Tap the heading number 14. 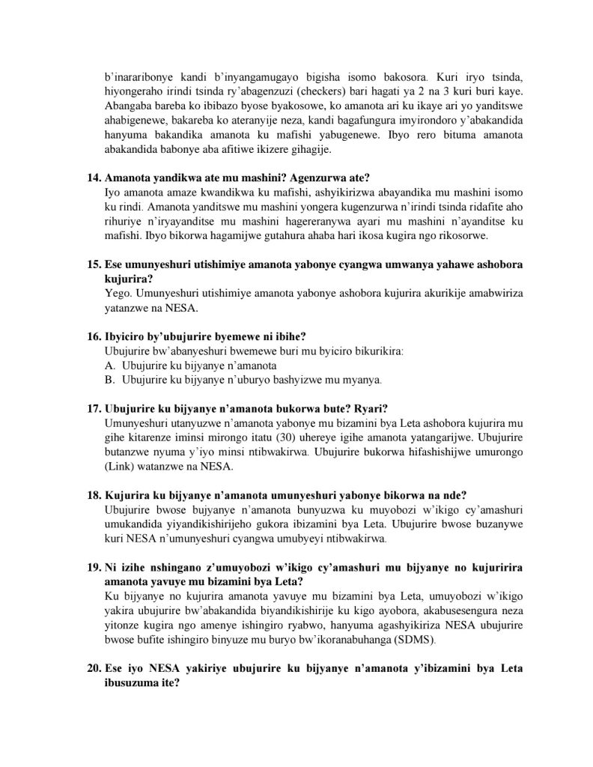tap(95, 178)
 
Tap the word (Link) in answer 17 tap(121, 467)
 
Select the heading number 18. tap(95, 496)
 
